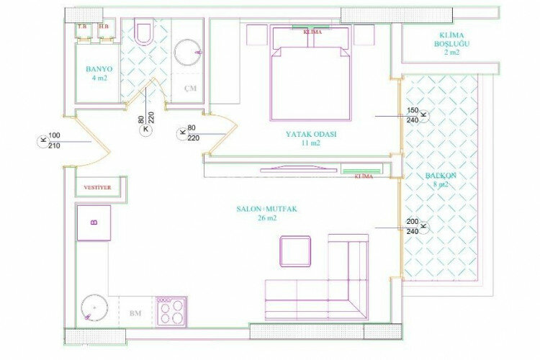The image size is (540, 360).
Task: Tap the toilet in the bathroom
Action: (x=144, y=32)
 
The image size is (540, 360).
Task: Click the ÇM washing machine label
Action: (x=190, y=89)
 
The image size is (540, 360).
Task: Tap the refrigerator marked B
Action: (x=94, y=222)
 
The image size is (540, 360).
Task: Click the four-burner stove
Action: (x=171, y=310)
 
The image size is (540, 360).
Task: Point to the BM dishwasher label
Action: (x=135, y=314)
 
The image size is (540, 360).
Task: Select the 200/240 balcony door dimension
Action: (x=413, y=227)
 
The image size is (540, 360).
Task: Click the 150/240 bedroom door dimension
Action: (x=413, y=115)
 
